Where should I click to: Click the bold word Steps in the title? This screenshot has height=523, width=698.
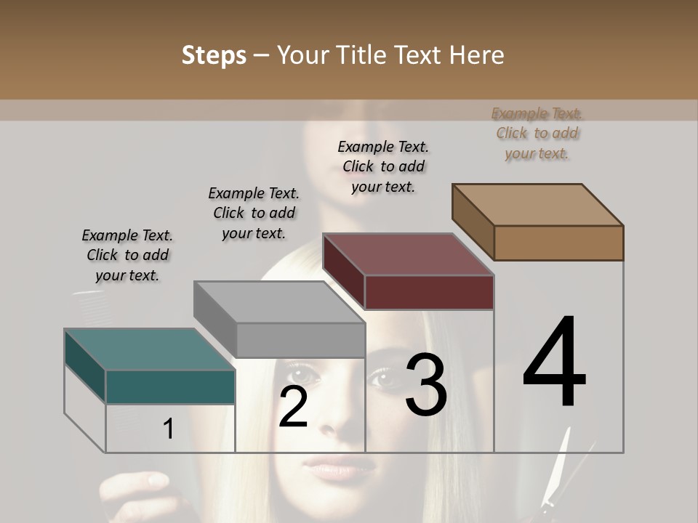pos(214,55)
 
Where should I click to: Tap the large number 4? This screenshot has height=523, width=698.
pos(554,363)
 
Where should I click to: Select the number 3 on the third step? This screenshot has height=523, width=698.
pos(426,385)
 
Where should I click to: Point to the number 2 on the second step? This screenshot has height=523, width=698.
pos(294,408)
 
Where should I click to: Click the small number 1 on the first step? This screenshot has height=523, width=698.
pos(169,429)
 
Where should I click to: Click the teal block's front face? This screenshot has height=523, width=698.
pos(170,387)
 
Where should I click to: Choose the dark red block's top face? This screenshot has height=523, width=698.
pos(409,255)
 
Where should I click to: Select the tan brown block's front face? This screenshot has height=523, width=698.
pos(558,243)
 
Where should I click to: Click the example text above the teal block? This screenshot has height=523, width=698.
pos(127,256)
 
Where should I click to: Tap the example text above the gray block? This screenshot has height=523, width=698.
pos(254,213)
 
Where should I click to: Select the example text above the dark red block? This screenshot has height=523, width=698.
pos(383,166)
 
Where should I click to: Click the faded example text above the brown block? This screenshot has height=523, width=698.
pos(537,133)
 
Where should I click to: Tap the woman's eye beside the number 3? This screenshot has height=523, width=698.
pos(381,377)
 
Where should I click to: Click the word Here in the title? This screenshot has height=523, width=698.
pos(477,55)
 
